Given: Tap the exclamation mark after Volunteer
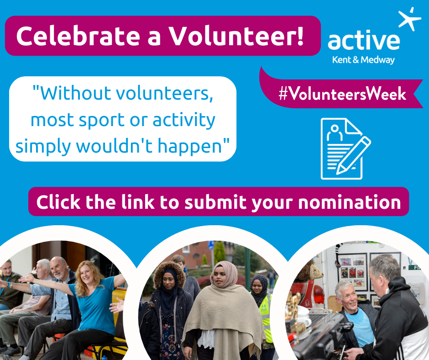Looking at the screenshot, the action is (x=300, y=36).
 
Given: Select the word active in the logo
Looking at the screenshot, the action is (x=364, y=41).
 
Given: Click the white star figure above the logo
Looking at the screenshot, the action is (x=409, y=19).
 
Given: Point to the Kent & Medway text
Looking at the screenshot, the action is (x=363, y=60).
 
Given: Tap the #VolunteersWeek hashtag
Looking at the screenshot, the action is (x=342, y=94).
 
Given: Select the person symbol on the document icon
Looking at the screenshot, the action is (x=335, y=132).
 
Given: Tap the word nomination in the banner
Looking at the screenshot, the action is (x=350, y=202).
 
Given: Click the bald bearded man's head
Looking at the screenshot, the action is (x=58, y=267).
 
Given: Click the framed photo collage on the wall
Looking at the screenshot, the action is (x=353, y=272).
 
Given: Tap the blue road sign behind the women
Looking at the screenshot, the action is (x=211, y=245).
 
